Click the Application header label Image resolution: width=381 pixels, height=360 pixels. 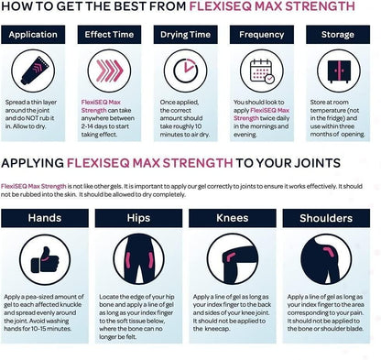coord(33,35)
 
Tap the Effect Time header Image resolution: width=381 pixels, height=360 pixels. coord(109,35)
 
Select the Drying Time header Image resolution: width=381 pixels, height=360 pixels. coord(185,35)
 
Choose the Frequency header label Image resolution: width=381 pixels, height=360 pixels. coord(262,35)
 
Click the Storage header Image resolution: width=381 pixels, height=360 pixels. coord(338,35)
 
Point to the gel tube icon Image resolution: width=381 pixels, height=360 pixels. coord(33,71)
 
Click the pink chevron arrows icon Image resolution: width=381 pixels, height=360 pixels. coord(109,71)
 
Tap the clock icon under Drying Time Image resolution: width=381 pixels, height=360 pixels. coord(185,71)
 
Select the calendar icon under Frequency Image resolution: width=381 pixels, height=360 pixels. coord(262,71)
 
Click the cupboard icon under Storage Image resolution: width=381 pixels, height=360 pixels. coord(339,71)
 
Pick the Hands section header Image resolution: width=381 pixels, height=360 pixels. coord(45,218)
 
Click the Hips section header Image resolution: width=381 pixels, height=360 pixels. coord(138,218)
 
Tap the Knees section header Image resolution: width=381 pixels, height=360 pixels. coord(233,218)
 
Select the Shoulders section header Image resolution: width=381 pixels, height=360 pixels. coord(326,218)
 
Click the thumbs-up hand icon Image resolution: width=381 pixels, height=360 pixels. coord(45,260)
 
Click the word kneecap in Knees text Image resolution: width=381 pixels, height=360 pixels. coord(217,329)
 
